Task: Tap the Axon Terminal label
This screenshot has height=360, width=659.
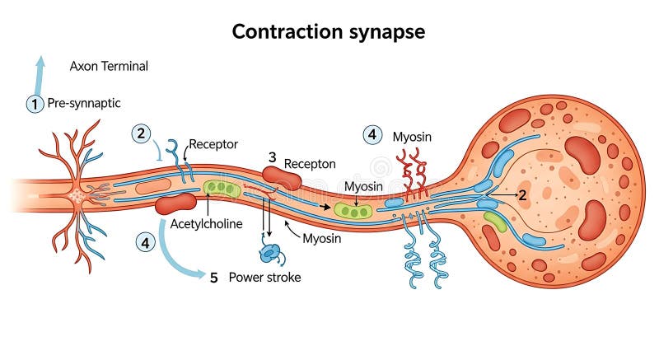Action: (109, 66)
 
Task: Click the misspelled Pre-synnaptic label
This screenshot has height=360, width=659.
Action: (84, 104)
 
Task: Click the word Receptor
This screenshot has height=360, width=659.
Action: (213, 144)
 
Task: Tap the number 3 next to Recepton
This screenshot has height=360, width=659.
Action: (272, 157)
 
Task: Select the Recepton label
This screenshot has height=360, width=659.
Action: (310, 164)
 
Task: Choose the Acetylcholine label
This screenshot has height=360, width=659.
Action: (205, 224)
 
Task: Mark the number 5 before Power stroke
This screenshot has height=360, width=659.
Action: (213, 278)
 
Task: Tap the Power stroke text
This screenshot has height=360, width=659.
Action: (264, 278)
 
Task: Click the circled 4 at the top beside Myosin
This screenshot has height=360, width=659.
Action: (373, 134)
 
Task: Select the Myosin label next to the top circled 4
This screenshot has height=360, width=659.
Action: (412, 136)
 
